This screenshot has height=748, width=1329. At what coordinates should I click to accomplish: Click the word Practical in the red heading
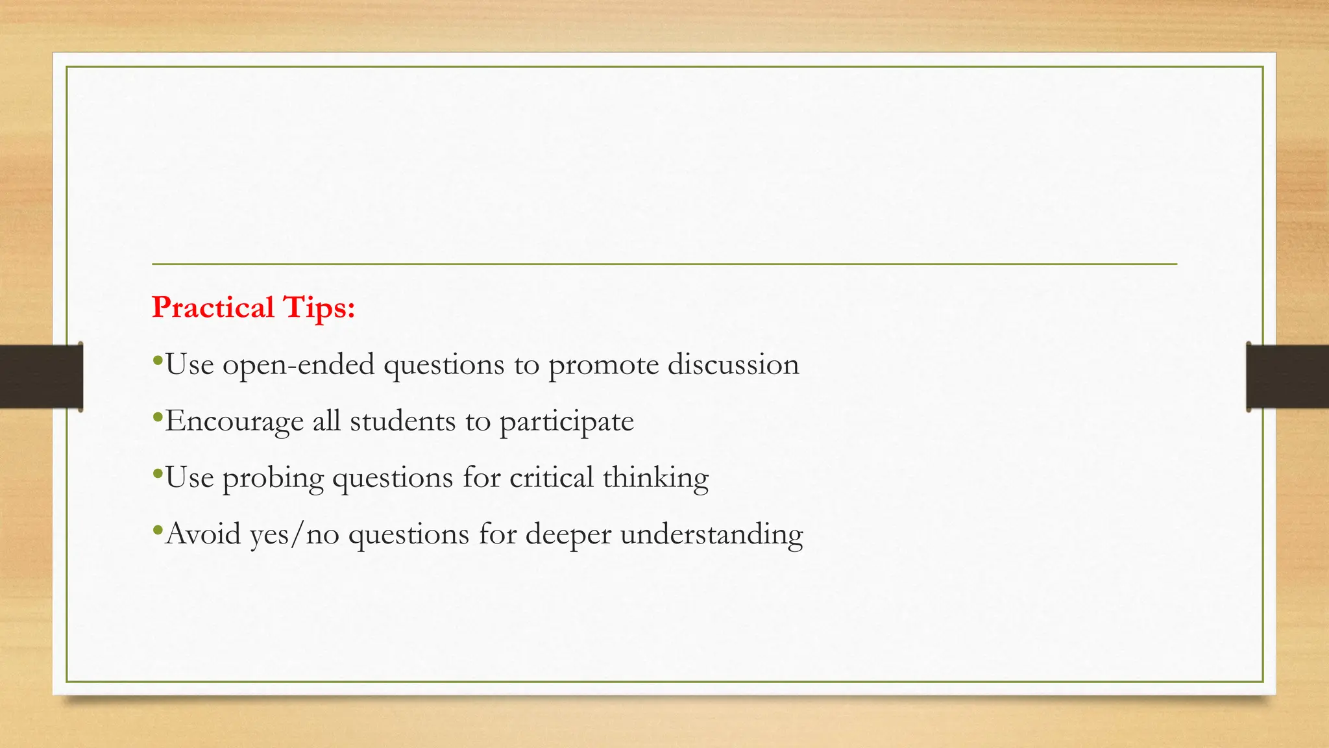(x=213, y=307)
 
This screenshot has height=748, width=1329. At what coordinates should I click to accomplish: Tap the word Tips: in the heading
(x=319, y=307)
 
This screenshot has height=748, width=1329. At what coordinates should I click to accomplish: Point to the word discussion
(x=733, y=364)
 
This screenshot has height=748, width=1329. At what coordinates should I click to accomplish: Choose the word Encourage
(x=234, y=421)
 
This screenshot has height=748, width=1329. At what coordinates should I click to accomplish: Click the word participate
(x=567, y=421)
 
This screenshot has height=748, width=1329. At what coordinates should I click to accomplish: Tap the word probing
(x=273, y=478)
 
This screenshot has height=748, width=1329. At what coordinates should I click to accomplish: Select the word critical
(x=552, y=477)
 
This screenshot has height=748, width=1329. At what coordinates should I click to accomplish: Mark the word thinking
(x=655, y=478)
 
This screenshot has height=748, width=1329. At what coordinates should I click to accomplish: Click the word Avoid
(x=203, y=534)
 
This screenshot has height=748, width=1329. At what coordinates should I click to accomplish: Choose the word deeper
(x=568, y=534)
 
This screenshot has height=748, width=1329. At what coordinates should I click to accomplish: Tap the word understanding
(x=712, y=534)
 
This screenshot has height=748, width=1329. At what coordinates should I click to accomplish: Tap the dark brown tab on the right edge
(x=1287, y=377)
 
